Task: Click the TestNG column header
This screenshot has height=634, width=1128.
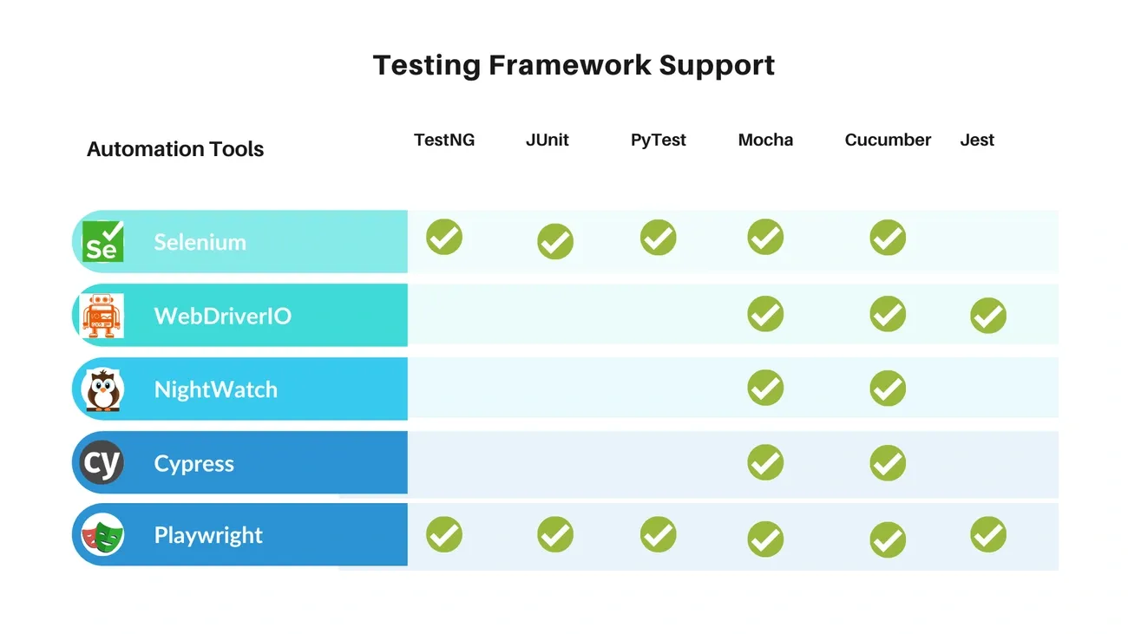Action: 444,140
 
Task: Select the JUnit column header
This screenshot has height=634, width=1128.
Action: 548,140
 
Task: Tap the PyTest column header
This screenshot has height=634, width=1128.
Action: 659,141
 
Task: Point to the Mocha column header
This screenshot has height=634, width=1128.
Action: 765,140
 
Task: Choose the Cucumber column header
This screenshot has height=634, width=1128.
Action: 888,140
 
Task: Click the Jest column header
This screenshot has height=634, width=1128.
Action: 977,140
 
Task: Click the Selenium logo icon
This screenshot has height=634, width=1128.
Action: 102,241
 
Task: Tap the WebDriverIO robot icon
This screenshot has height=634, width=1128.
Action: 102,316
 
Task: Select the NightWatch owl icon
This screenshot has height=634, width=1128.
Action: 102,389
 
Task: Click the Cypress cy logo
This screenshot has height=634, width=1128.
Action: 102,462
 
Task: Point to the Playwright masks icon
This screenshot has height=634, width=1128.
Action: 102,535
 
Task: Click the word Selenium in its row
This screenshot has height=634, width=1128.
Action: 200,243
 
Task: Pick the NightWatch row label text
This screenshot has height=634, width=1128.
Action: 215,390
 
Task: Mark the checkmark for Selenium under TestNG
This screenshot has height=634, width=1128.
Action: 444,237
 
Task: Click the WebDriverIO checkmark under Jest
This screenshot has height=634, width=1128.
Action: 988,316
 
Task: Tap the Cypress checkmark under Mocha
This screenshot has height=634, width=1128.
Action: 765,462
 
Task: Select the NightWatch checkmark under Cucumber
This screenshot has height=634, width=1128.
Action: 888,389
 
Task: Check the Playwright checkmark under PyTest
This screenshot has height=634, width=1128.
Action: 659,534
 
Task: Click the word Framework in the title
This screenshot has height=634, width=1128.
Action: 569,65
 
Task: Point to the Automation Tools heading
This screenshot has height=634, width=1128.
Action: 175,149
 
